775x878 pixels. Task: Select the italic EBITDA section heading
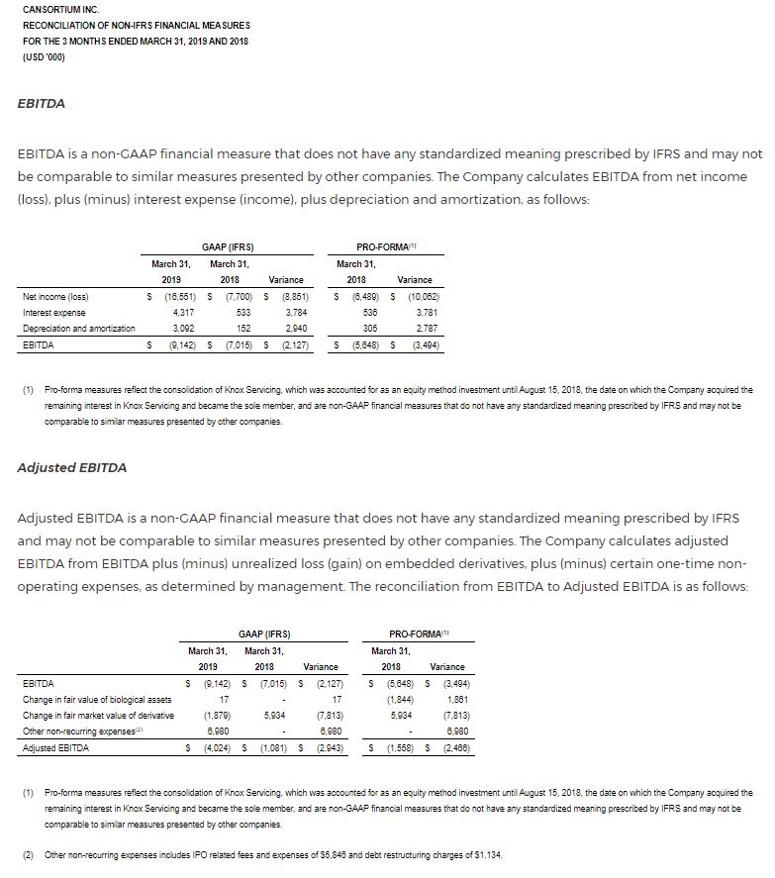(x=42, y=103)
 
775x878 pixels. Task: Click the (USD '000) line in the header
(x=44, y=56)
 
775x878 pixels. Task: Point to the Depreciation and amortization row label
(x=78, y=328)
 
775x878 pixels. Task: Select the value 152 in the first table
(x=242, y=328)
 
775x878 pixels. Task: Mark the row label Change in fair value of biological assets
(x=96, y=699)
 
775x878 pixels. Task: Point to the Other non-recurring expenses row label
(x=91, y=731)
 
